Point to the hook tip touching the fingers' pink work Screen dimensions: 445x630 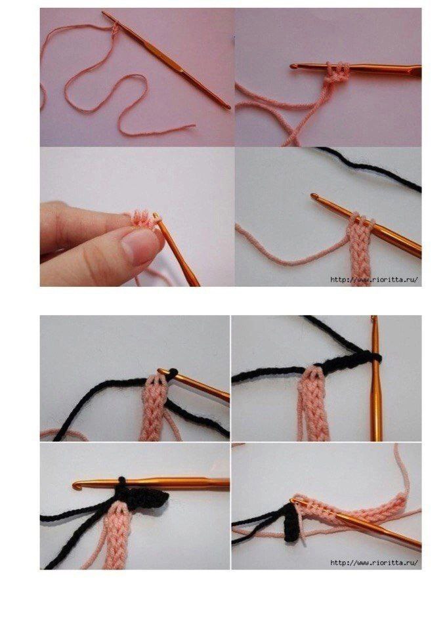click(156, 216)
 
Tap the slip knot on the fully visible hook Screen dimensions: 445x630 click(115, 28)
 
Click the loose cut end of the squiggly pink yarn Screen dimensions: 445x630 click(194, 126)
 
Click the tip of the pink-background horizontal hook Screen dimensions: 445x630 click(293, 66)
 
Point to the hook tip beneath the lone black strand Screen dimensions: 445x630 click(314, 196)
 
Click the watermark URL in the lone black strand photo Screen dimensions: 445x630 click(374, 280)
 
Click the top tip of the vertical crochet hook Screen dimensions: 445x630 click(375, 318)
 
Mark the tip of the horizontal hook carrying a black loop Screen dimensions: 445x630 click(75, 486)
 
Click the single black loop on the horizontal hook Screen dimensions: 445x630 click(122, 480)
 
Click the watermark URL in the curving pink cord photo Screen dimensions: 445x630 click(374, 562)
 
